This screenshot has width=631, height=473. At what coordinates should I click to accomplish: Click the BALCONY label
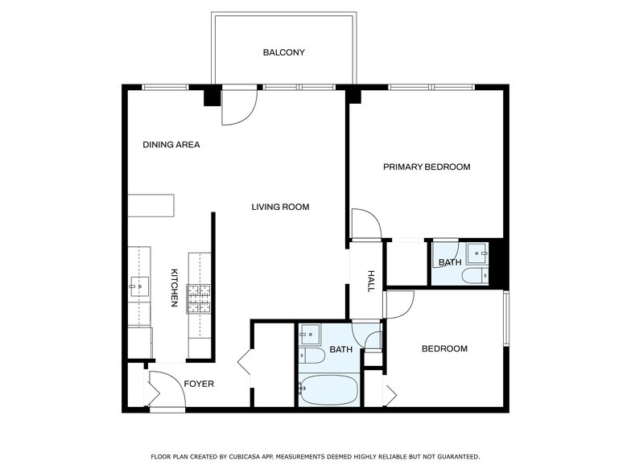tap(283, 52)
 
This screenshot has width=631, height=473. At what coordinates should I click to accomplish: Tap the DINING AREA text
tap(171, 145)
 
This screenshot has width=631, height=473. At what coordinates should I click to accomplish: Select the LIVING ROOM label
tap(280, 208)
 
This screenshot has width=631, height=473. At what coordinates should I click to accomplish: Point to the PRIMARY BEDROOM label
tap(427, 167)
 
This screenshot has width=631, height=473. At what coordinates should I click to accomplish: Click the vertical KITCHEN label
tap(174, 288)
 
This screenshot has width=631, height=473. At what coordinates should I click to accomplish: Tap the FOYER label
tap(199, 385)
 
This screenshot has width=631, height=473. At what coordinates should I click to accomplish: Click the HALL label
tap(371, 282)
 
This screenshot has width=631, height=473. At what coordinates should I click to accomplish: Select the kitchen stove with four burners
tap(198, 299)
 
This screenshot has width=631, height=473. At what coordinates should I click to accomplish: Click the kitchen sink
tap(138, 286)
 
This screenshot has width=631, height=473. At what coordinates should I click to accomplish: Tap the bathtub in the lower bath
tap(328, 390)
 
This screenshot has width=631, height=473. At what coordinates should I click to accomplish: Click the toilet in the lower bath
tap(312, 356)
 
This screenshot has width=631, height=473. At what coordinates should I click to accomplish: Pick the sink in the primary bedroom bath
tap(477, 253)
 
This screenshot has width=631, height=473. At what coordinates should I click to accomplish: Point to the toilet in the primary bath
tap(475, 276)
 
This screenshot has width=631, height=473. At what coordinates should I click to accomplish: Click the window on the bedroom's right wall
tap(507, 319)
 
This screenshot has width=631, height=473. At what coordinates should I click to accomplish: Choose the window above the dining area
tap(166, 87)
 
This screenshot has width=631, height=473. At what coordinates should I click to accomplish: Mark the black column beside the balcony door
tap(212, 97)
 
